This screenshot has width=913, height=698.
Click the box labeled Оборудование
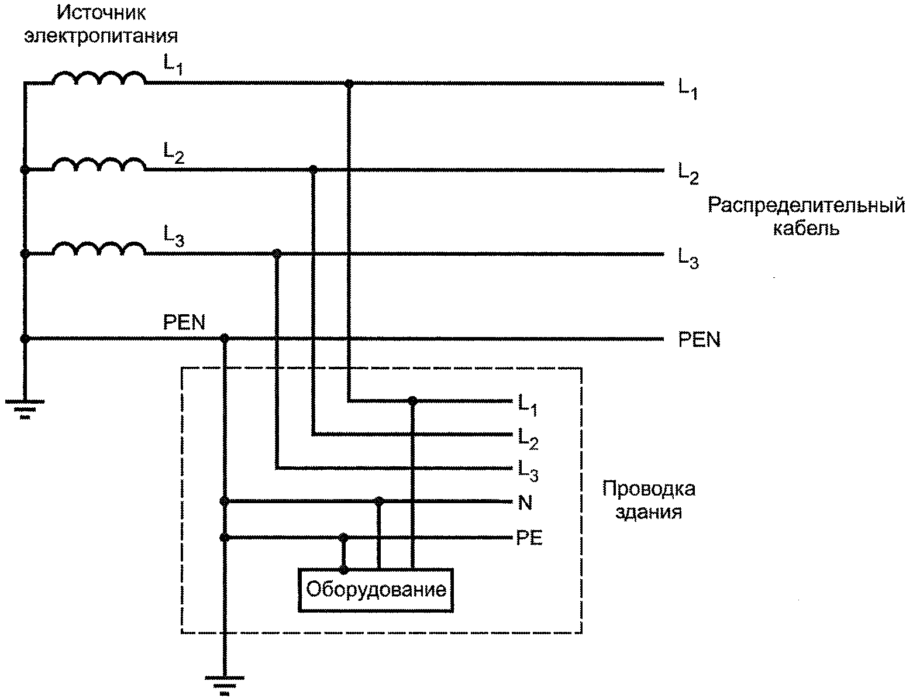point(375,590)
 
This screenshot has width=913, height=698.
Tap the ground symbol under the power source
point(25,410)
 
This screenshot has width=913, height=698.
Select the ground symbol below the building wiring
point(225,685)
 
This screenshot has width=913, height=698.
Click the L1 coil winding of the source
point(99,78)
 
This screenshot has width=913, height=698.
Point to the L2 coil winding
point(99,164)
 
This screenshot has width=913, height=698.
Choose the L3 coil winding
point(99,248)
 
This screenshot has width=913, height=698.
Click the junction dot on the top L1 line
point(349,84)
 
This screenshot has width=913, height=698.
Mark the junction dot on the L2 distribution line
point(313,169)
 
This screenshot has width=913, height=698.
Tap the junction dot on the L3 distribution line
point(277,253)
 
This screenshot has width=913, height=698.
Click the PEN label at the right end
point(699,339)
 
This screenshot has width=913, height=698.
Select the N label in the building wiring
point(525,503)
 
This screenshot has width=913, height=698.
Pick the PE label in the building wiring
point(529,538)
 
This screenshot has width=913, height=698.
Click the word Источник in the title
point(101,13)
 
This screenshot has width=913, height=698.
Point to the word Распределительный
point(807,205)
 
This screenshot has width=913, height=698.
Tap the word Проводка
point(649,489)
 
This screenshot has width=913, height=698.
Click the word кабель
point(806,228)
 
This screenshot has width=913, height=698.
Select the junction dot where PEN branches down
point(225,338)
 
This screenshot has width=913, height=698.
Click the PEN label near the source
point(184,322)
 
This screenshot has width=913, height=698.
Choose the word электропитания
point(101,36)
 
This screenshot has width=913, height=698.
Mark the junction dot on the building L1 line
point(412,401)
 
